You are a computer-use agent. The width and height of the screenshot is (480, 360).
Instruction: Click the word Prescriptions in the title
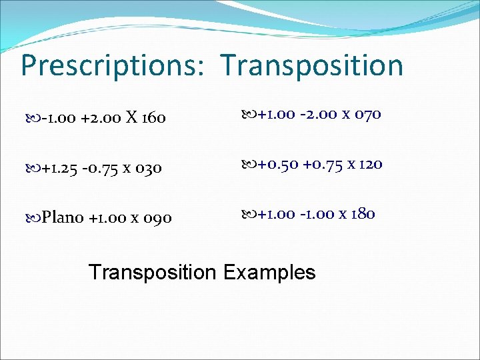[x=111, y=66]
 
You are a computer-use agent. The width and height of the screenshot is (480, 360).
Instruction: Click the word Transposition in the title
[x=312, y=66]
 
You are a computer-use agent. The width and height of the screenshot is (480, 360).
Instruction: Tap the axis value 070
[x=367, y=115]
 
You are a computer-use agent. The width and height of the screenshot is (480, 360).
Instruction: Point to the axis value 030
[x=148, y=169]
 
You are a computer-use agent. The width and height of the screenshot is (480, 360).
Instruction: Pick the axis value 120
[x=369, y=164]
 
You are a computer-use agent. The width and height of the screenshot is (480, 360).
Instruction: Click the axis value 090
[x=158, y=218]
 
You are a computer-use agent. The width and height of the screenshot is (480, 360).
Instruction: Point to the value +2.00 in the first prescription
[x=101, y=119]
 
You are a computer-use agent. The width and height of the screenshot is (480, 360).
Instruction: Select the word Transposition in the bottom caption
[x=153, y=272]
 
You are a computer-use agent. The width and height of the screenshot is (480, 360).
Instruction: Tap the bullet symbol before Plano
[x=36, y=218]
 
